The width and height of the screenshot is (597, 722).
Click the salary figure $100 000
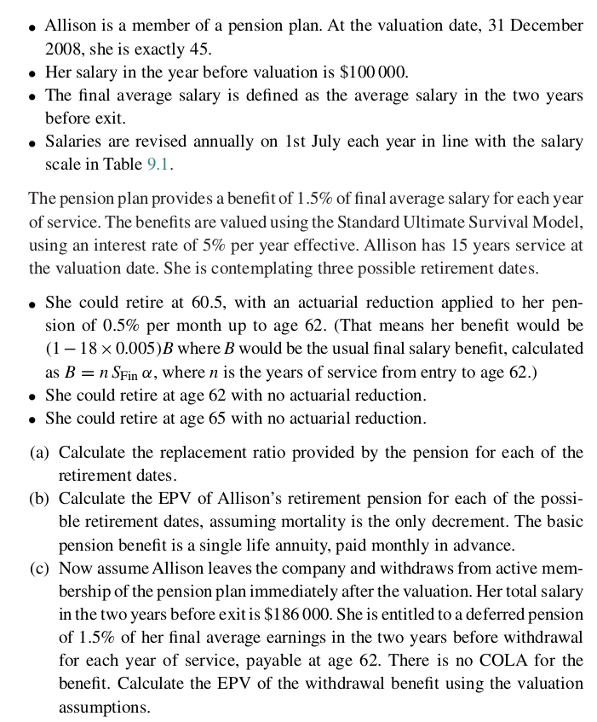[x=372, y=72]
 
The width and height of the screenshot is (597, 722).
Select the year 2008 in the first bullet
[x=62, y=49]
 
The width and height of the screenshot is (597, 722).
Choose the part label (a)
[x=40, y=452]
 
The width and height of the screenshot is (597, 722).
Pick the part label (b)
[x=40, y=498]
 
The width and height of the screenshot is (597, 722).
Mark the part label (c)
[x=40, y=568]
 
